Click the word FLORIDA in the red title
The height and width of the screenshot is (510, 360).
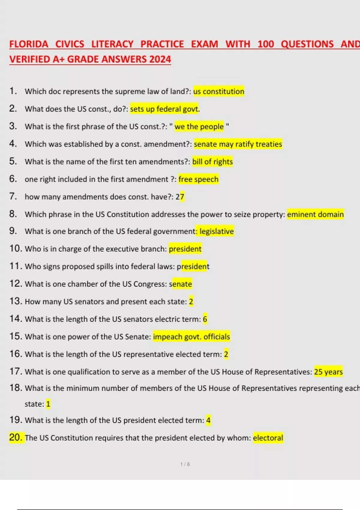[28, 44]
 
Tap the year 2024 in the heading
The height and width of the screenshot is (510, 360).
[160, 59]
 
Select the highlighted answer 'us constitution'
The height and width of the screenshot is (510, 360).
[219, 91]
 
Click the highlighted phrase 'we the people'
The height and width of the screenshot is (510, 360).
[199, 127]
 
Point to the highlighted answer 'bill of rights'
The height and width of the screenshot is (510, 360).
[212, 162]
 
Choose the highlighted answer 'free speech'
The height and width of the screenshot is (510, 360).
[198, 179]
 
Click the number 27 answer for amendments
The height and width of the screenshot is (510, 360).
[180, 197]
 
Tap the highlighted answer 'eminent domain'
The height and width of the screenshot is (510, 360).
[315, 214]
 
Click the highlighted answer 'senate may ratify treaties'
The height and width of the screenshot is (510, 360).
[238, 144]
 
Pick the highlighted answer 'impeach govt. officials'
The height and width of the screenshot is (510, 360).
[191, 337]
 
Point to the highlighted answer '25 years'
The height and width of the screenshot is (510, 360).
[328, 372]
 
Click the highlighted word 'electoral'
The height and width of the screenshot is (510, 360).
[268, 438]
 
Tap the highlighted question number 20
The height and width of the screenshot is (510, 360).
[16, 437]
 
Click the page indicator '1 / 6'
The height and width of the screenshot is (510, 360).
[185, 464]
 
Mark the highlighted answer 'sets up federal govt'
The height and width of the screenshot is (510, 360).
[164, 109]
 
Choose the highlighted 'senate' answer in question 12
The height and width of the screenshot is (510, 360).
[181, 284]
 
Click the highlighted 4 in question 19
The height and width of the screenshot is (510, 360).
[208, 420]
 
